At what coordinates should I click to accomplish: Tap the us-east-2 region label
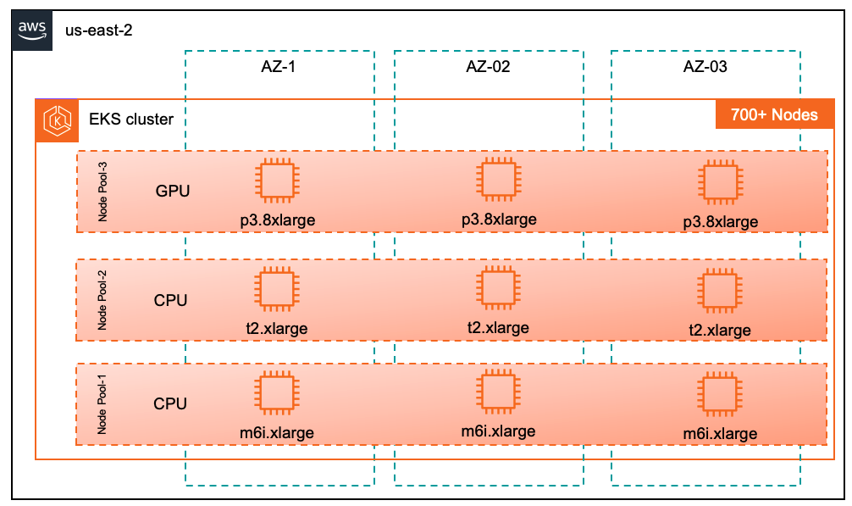(x=99, y=31)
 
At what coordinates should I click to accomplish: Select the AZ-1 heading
(x=279, y=66)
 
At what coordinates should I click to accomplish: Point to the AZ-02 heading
(x=488, y=66)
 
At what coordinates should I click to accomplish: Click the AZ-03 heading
(x=705, y=66)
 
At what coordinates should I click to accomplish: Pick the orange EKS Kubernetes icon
(x=56, y=119)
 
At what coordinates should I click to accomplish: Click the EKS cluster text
(x=131, y=119)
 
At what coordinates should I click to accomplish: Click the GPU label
(x=173, y=191)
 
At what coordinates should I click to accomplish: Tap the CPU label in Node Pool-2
(x=170, y=300)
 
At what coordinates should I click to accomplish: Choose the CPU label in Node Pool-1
(x=170, y=403)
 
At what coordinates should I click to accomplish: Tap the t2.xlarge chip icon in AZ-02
(x=498, y=289)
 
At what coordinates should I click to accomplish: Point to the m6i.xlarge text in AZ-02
(x=498, y=431)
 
